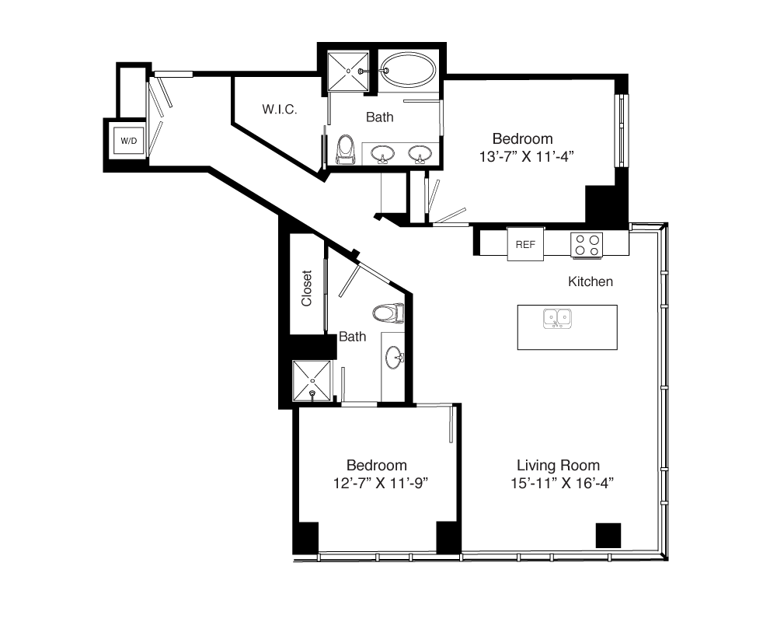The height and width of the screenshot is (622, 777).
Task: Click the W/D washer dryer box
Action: coord(128,141)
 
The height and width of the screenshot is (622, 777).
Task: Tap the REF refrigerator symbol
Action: coord(525,244)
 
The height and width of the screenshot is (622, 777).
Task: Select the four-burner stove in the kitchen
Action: coord(587,245)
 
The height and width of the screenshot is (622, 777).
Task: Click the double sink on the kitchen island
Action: coord(557,319)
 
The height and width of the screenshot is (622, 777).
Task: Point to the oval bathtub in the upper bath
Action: coord(409,70)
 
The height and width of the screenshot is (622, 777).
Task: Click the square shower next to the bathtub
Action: coord(348,71)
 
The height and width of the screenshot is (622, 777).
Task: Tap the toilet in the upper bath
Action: coord(346,149)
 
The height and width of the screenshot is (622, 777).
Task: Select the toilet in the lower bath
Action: coord(388,313)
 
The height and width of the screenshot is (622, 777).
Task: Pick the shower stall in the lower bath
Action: coord(312,380)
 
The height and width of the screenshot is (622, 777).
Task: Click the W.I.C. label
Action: coord(280,109)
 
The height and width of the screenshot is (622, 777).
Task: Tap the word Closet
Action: coord(306,288)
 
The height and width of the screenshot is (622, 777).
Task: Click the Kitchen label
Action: coord(591,281)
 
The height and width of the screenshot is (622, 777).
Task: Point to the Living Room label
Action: coord(558,465)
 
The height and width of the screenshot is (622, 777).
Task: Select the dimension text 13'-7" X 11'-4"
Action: coord(526,157)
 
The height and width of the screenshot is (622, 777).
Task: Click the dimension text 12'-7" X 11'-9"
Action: coord(380,483)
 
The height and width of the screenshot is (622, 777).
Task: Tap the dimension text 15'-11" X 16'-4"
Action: coord(562,483)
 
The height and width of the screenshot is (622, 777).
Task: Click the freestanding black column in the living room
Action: coord(608,536)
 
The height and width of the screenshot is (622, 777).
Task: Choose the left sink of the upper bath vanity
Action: coord(382,154)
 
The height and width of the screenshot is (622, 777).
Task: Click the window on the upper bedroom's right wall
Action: coord(622,131)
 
